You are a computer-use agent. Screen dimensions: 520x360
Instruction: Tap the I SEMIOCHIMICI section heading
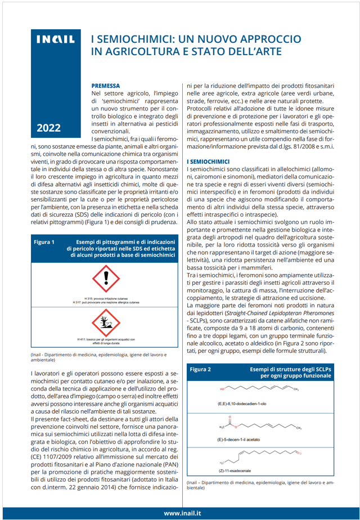(208, 162)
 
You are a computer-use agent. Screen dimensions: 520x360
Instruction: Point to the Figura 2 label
(201, 370)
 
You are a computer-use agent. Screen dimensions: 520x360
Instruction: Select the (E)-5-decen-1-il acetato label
(237, 439)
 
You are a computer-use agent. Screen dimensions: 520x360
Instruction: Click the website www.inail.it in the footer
(183, 513)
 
